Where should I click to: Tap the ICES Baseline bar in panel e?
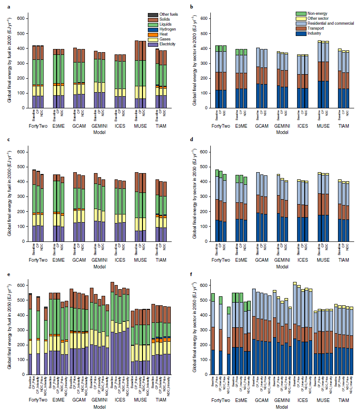[112, 328]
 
